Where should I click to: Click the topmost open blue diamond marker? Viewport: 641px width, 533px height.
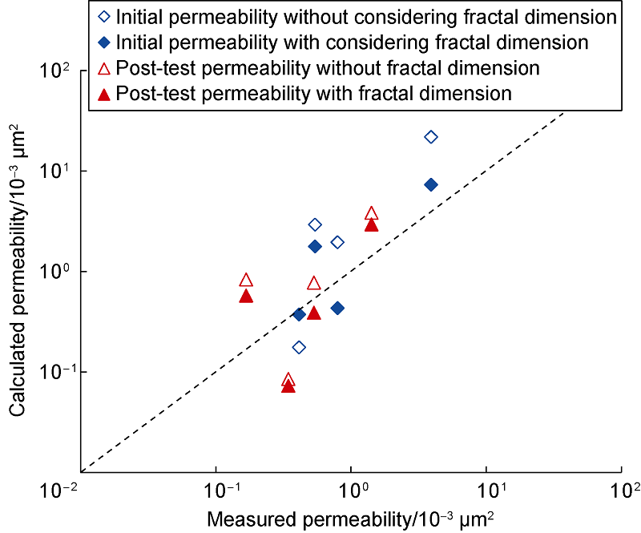[x=431, y=137]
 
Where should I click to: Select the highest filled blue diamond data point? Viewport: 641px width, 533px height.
[x=431, y=184]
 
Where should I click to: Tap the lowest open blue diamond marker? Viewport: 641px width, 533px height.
[x=299, y=347]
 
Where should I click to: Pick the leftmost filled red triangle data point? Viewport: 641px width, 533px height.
[x=246, y=296]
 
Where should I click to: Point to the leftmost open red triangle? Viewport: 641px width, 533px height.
[x=246, y=281]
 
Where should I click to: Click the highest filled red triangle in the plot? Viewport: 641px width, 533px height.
[x=371, y=225]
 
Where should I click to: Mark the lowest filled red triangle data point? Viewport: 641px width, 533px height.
[x=288, y=386]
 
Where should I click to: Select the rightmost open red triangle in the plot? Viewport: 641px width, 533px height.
[x=371, y=213]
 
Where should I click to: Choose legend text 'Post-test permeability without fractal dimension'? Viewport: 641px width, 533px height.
[x=328, y=67]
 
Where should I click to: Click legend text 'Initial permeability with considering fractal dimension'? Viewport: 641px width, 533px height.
[x=352, y=41]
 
